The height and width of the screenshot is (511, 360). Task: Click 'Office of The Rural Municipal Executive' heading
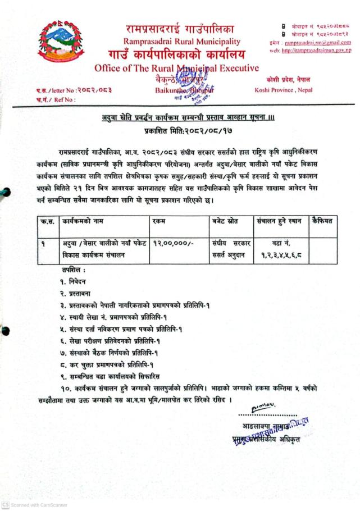coord(177,69)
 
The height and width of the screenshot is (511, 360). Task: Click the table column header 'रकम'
coord(158,222)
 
